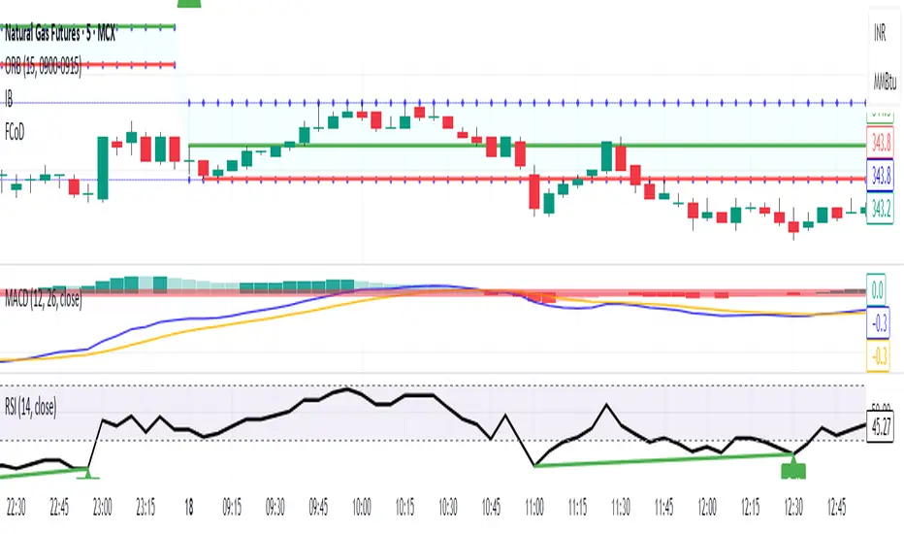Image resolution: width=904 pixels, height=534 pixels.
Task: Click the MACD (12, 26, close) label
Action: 43,304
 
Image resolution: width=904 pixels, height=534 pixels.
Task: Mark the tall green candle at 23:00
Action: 102,167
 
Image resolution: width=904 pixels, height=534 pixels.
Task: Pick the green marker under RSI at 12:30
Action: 793,469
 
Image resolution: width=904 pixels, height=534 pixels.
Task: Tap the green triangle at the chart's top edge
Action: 195,5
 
